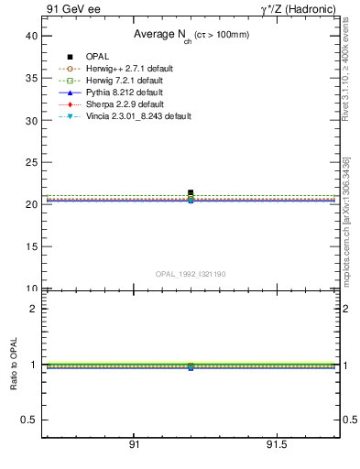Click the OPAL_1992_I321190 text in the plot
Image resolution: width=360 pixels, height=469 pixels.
(x=191, y=274)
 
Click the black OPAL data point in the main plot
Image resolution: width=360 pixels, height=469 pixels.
(x=191, y=192)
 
